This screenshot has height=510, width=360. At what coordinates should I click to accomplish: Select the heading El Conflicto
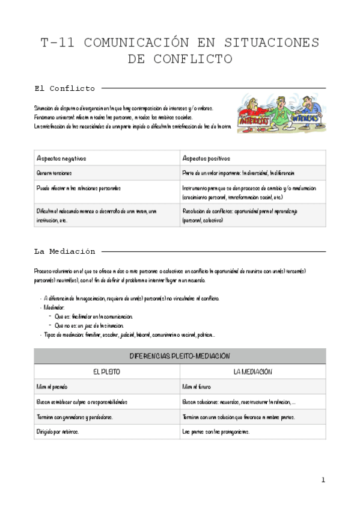click(64, 88)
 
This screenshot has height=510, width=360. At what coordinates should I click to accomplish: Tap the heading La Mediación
click(64, 251)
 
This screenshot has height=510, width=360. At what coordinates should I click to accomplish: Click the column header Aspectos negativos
click(61, 158)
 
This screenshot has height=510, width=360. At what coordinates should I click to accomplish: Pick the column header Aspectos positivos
click(206, 158)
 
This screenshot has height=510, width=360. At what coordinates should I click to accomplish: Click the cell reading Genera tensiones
click(54, 173)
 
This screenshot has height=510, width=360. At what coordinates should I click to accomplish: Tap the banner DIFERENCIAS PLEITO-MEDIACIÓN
click(180, 356)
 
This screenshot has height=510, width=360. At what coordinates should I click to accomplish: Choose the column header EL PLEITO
click(106, 372)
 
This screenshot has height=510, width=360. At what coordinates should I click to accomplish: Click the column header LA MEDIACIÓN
click(252, 372)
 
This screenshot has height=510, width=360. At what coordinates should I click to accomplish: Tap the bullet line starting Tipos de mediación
click(126, 334)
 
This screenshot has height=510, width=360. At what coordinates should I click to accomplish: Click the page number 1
click(323, 480)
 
